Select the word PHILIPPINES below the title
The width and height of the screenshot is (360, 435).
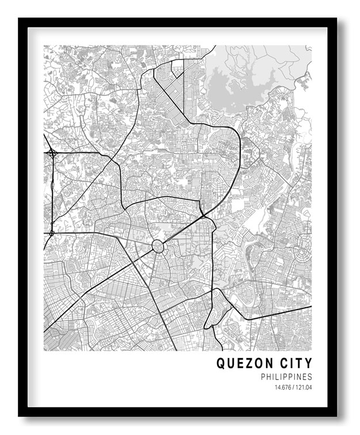point(286,377)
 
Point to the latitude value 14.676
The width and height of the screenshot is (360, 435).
point(283,388)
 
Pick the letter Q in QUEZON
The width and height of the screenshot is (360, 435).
point(221,364)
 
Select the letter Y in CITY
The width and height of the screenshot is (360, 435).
point(308,364)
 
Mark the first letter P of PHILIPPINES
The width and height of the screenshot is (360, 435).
point(263,377)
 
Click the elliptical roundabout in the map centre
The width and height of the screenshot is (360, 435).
point(158,247)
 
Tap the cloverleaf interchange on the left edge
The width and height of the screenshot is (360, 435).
point(52,153)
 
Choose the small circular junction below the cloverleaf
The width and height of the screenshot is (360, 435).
point(51,232)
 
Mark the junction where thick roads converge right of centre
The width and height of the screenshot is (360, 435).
point(203,216)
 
